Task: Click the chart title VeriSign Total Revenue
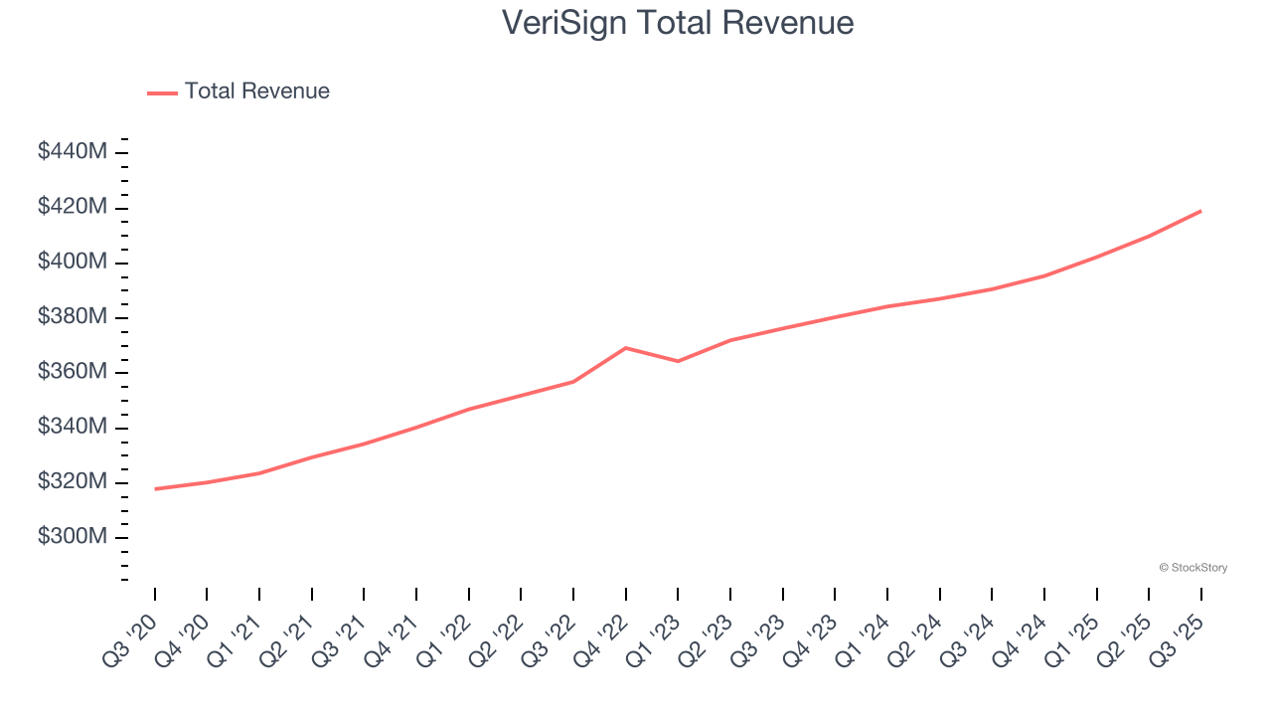click(x=677, y=22)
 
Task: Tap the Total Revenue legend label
click(x=256, y=91)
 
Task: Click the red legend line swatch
click(x=162, y=92)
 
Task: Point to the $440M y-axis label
click(x=73, y=152)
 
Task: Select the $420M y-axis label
click(x=73, y=207)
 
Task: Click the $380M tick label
click(x=73, y=317)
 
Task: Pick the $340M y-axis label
click(x=73, y=427)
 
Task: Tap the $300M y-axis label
click(x=73, y=537)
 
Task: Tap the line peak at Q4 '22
click(x=625, y=348)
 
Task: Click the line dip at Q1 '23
click(x=678, y=361)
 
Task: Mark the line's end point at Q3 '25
click(x=1200, y=211)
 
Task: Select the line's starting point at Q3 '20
click(x=155, y=488)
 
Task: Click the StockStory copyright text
click(x=1192, y=568)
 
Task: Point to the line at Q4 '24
click(x=1044, y=275)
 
